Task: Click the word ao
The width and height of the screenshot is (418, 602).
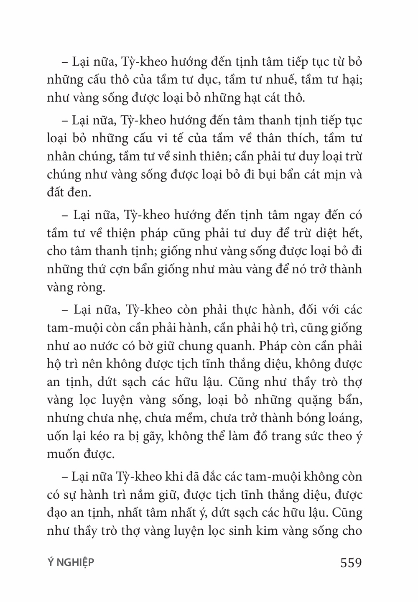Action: pos(78,346)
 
